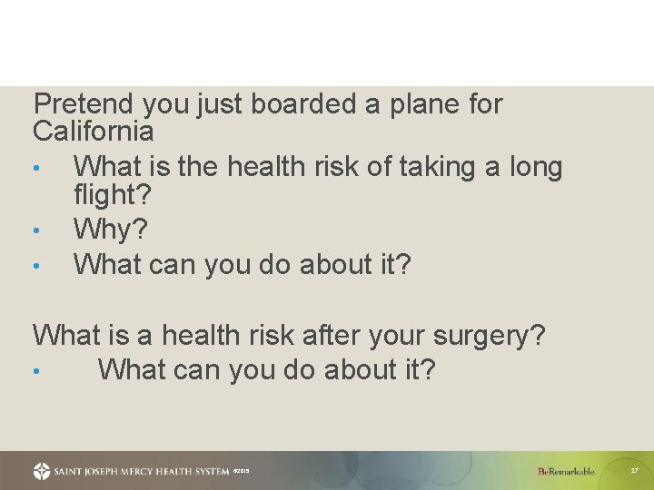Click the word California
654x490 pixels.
pos(94,132)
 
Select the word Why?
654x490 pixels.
pos(109,230)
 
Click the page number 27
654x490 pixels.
pos(635,471)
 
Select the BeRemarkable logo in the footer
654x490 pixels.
pos(566,472)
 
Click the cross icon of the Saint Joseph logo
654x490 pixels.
pos(42,472)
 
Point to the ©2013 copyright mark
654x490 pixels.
pos(242,472)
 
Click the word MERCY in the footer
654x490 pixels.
pos(134,472)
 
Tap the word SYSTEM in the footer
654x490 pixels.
pos(205,472)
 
